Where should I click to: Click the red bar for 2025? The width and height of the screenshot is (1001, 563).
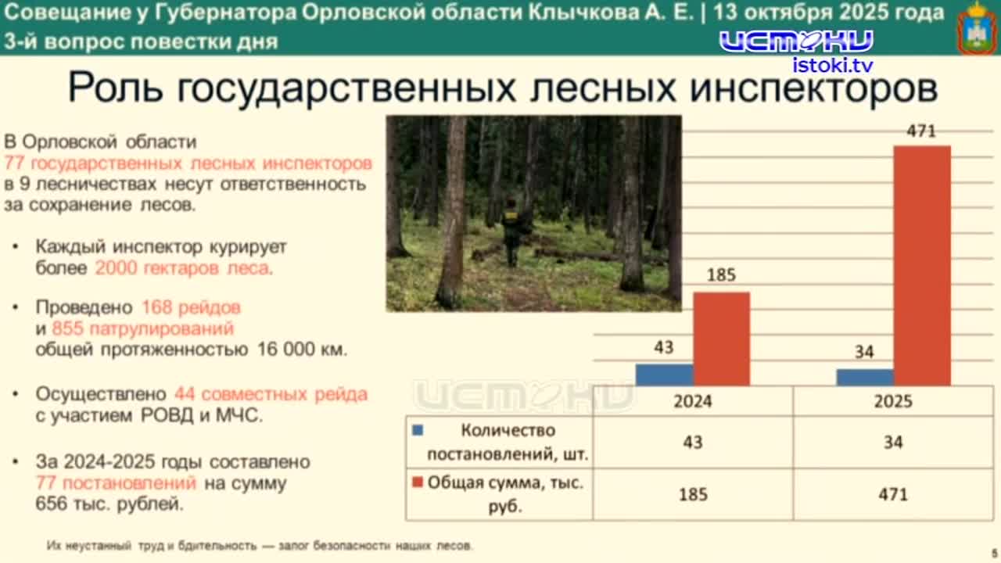(x=922, y=265)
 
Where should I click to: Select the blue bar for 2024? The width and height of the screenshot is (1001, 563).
(x=664, y=375)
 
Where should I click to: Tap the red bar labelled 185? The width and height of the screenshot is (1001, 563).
(x=721, y=339)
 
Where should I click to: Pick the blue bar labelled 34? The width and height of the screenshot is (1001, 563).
(x=864, y=377)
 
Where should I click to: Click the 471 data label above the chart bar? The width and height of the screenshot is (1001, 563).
(x=921, y=131)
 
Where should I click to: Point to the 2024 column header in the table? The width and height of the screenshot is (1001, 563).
(x=693, y=401)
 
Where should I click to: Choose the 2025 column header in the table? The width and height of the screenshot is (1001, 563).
(x=893, y=401)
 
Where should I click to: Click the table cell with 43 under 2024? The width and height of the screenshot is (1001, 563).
(x=693, y=442)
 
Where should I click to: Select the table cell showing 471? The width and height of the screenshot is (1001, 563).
(x=893, y=494)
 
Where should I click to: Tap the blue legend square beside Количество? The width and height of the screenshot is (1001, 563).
(x=418, y=430)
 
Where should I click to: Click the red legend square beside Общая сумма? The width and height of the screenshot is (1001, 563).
(x=418, y=482)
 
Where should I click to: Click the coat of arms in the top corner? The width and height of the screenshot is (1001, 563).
(x=977, y=27)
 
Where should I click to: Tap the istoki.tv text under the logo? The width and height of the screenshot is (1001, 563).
(x=833, y=65)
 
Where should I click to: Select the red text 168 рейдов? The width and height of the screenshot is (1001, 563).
(x=191, y=307)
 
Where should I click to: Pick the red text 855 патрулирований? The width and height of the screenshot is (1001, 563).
(x=142, y=328)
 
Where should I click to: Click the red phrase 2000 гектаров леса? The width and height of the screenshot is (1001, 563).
(x=183, y=267)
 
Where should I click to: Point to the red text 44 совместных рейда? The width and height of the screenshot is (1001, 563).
(x=271, y=394)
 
